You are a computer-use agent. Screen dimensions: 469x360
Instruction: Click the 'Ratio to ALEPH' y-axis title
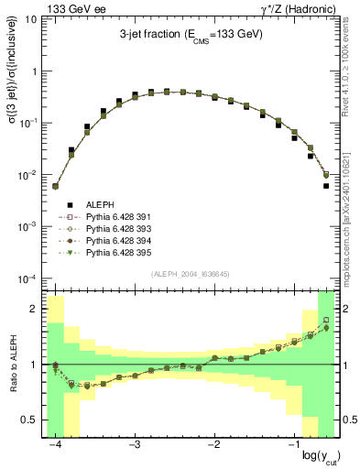click(13, 364)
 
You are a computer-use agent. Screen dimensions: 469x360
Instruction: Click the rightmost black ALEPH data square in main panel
click(326, 186)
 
